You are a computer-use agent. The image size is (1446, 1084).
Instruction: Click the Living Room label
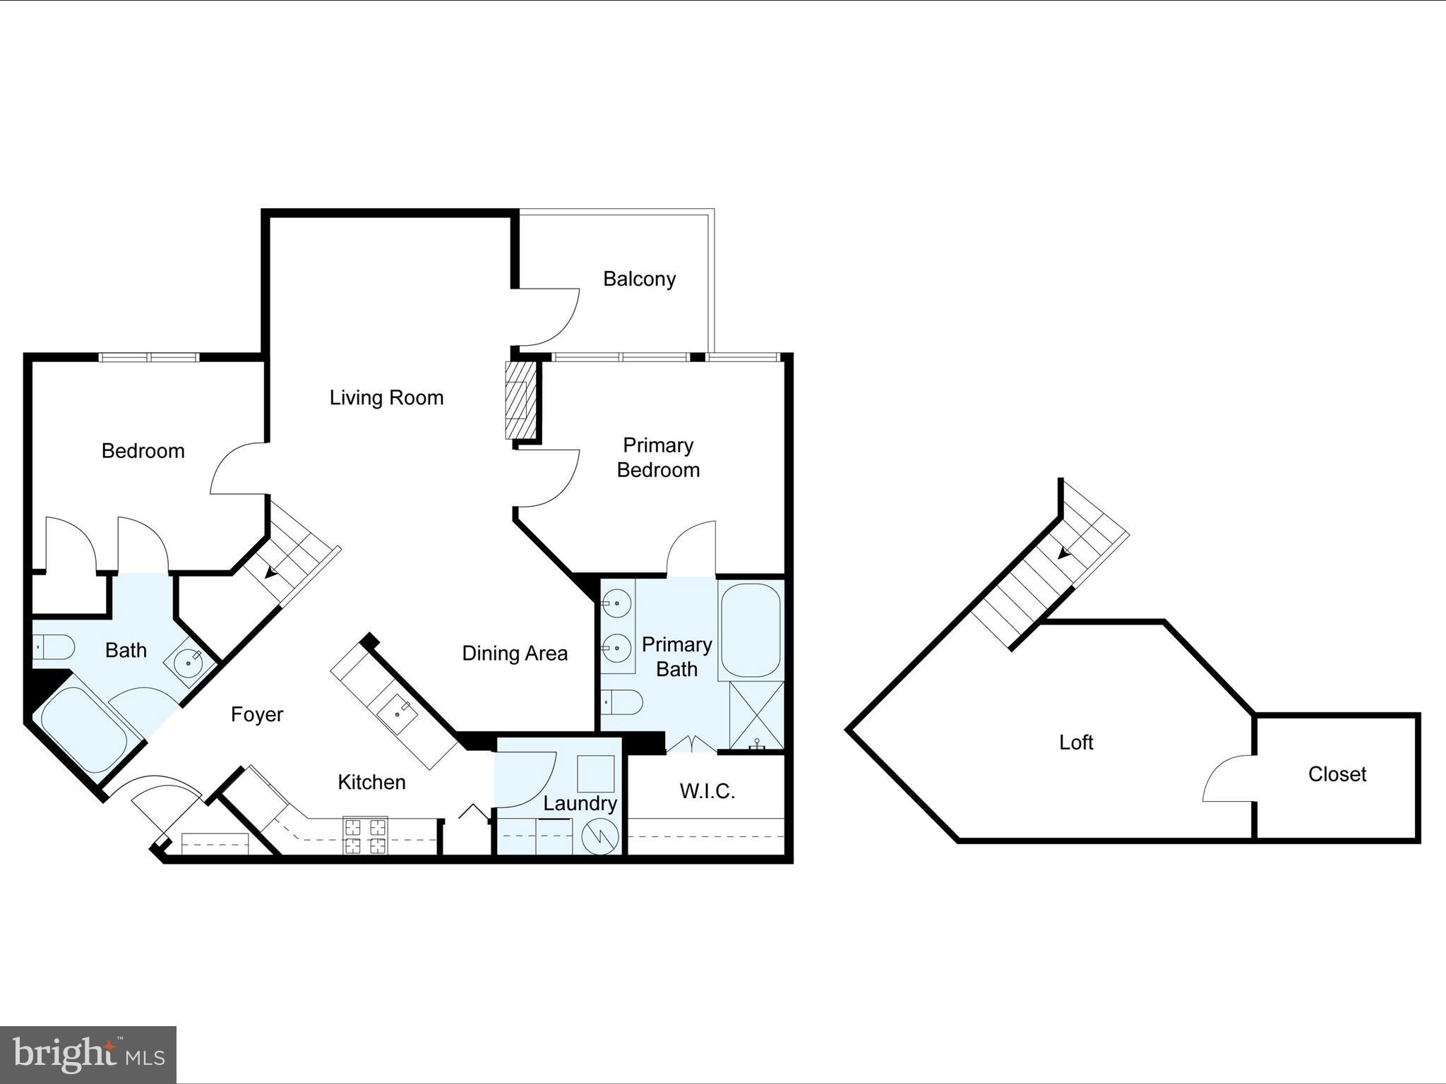point(386,398)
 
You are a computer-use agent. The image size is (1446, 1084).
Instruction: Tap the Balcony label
point(639,279)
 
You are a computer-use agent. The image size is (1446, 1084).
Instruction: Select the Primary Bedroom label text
point(658,458)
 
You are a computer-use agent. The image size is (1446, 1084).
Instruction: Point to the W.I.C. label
point(707,792)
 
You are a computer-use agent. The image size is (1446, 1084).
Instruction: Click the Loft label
point(1076,742)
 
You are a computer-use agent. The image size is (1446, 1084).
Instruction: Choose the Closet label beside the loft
point(1337,775)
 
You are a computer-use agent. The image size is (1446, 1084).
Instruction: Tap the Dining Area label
point(515,654)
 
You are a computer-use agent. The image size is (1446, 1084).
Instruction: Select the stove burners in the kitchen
point(365,836)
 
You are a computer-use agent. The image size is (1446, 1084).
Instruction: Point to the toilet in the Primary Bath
point(622,702)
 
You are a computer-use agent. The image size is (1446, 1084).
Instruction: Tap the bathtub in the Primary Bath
point(751,630)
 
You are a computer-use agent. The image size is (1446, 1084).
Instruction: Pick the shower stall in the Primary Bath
point(756,715)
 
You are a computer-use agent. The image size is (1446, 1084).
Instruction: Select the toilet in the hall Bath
point(54,647)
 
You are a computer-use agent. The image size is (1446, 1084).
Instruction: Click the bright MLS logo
point(88,1054)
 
